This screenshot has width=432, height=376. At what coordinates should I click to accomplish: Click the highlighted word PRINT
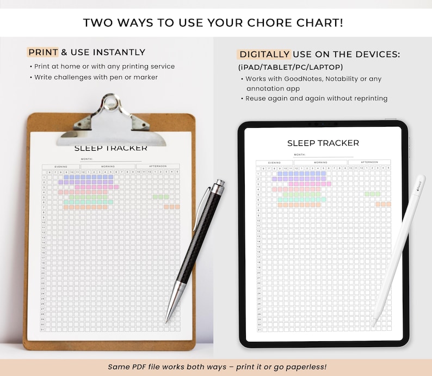[43, 52]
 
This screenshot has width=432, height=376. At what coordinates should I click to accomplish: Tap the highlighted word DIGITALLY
[264, 54]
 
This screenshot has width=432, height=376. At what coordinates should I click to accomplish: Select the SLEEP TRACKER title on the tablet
[323, 143]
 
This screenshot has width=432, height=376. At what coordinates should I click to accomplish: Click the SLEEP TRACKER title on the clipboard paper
[111, 148]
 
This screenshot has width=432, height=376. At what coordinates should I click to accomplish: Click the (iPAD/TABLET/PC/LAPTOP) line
[291, 67]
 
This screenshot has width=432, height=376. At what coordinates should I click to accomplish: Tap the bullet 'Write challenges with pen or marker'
[96, 77]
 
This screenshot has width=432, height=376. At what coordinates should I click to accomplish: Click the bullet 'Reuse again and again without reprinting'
[316, 98]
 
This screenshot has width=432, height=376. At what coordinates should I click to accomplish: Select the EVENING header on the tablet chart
[274, 162]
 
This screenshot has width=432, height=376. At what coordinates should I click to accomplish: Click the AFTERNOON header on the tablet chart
[369, 162]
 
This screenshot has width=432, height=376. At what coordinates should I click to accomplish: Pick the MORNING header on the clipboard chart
[108, 166]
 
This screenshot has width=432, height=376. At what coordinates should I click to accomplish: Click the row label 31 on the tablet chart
[259, 330]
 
